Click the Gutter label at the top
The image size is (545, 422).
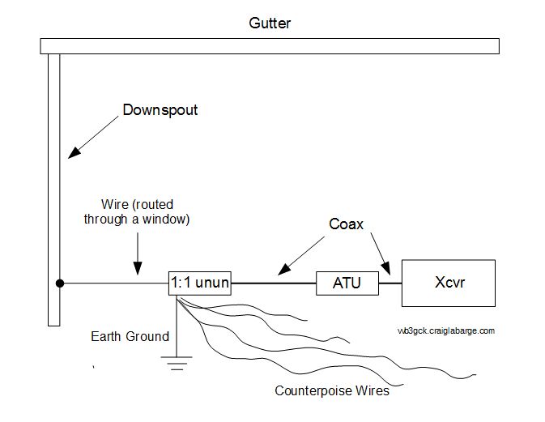269,23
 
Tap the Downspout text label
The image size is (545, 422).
160,109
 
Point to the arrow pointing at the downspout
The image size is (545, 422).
94,134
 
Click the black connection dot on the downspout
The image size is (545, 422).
59,283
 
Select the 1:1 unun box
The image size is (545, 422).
199,283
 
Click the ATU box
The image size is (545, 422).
346,284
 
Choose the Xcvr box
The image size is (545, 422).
445,283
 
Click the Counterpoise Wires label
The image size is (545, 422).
332,390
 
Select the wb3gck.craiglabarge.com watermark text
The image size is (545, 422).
445,330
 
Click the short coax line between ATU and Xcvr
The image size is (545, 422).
390,283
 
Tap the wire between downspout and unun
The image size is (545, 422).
113,283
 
